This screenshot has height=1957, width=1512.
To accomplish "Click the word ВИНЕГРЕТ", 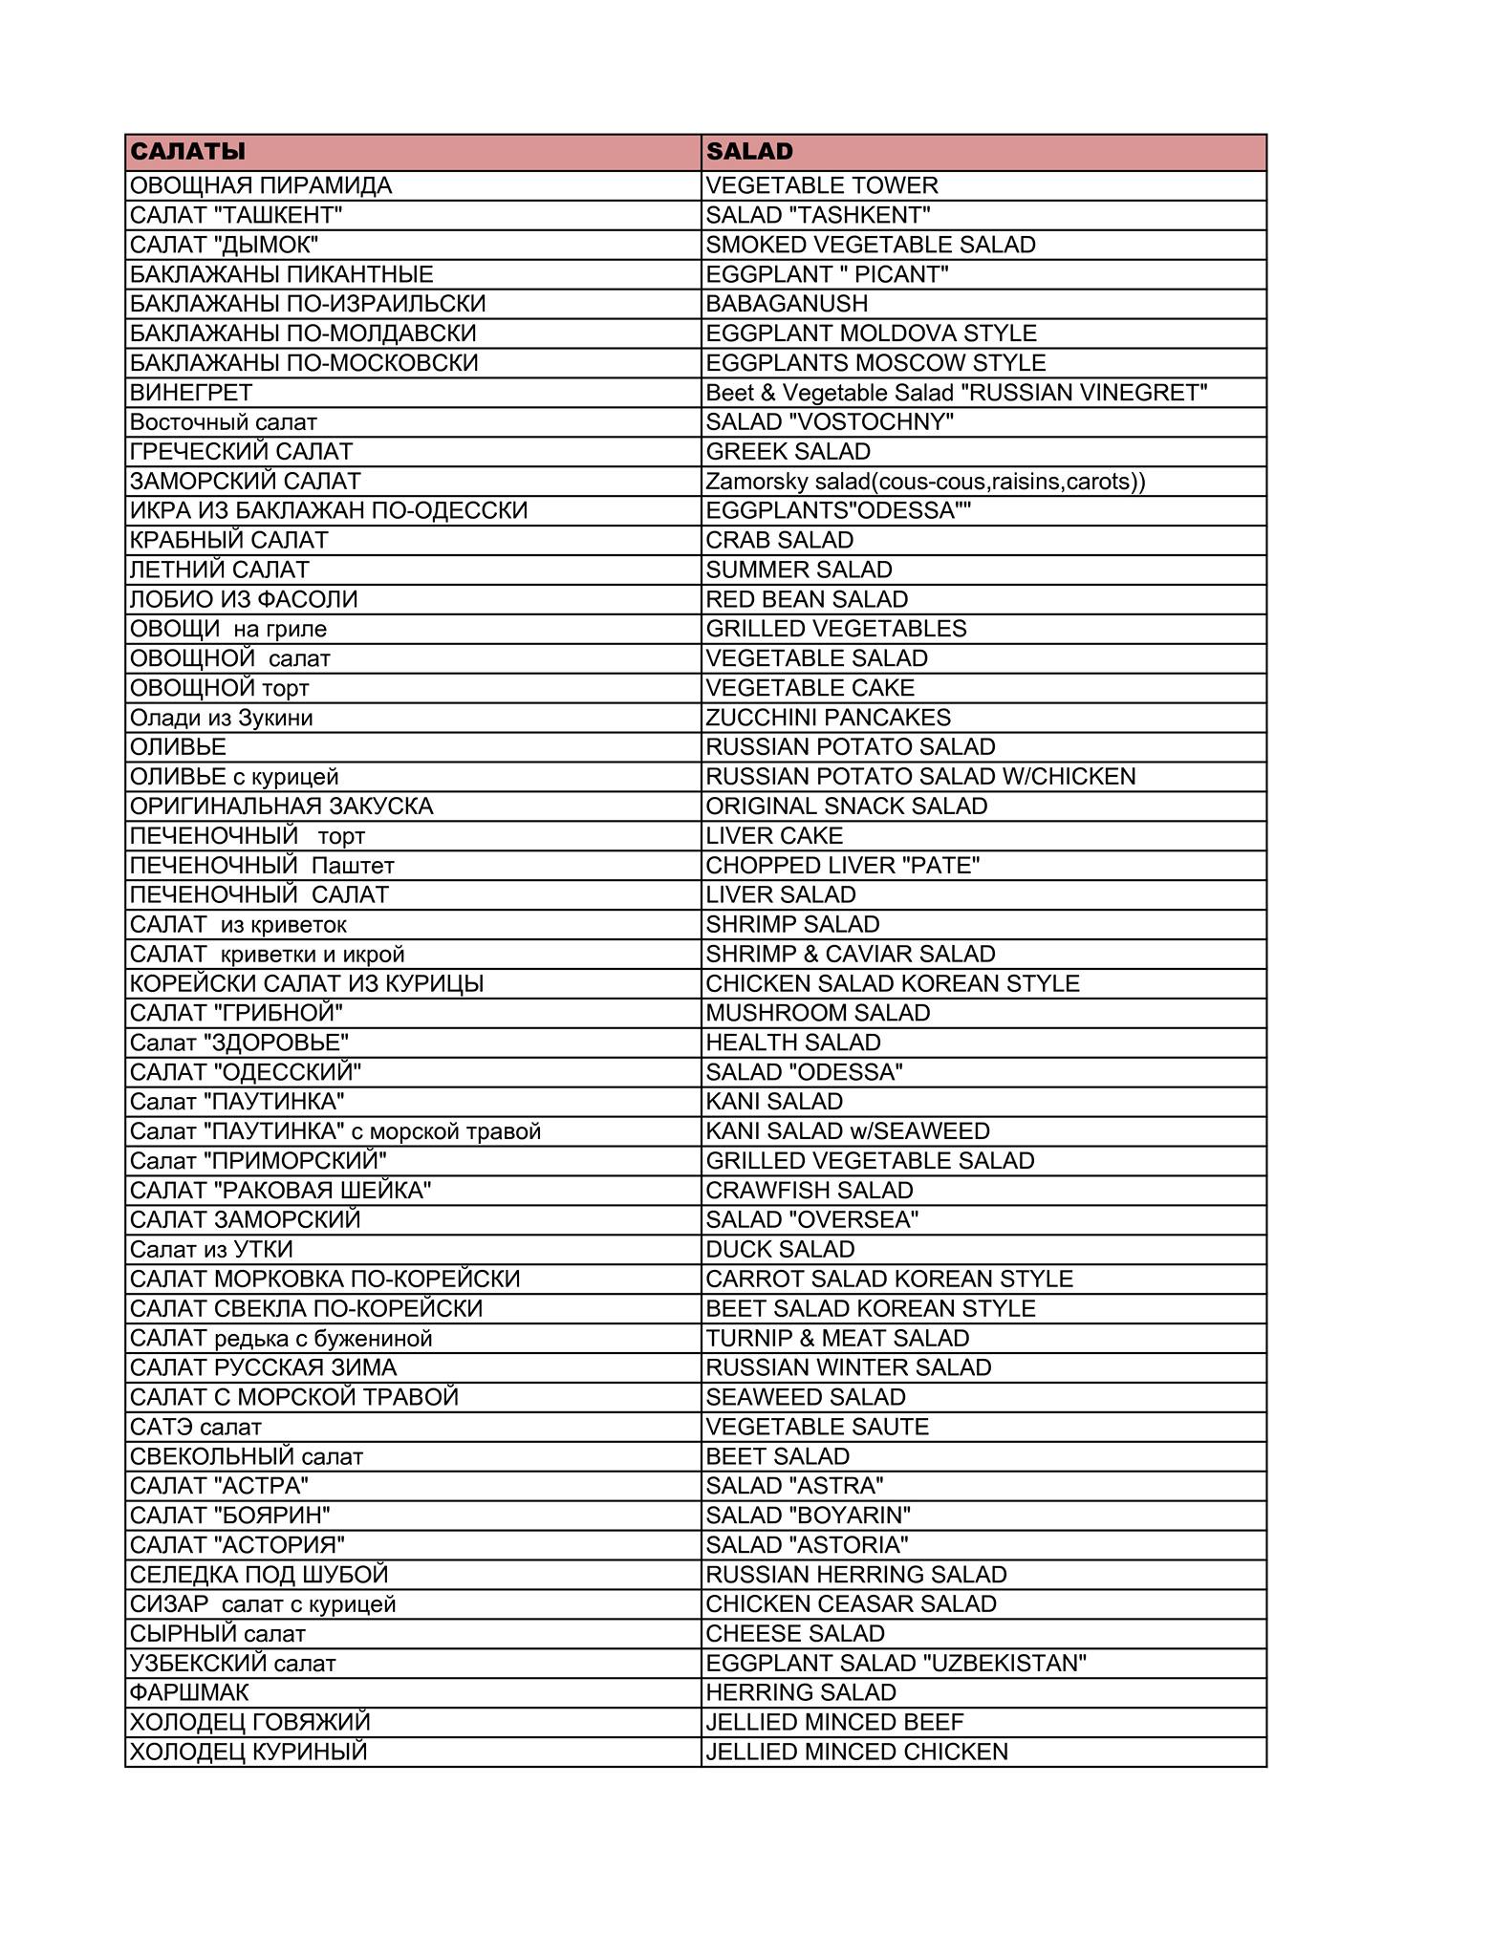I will pos(191,393).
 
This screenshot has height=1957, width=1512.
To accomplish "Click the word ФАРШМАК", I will pos(189,1692).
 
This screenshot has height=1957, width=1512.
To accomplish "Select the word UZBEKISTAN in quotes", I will pos(1004,1664).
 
